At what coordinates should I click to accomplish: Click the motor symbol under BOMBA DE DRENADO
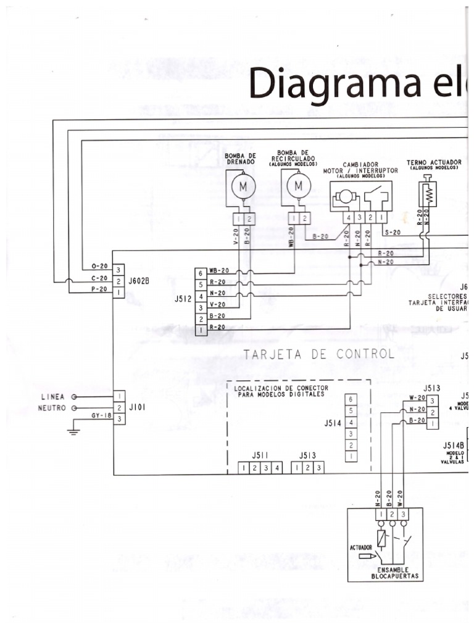[242, 185]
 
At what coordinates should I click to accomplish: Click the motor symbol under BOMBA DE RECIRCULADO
[299, 185]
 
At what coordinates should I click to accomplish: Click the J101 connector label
[136, 407]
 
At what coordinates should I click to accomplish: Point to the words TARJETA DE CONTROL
[318, 354]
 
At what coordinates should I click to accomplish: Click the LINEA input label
[52, 396]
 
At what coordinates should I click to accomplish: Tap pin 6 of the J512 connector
[201, 272]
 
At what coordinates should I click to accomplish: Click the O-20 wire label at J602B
[99, 266]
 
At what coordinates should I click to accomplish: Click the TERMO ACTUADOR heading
[434, 162]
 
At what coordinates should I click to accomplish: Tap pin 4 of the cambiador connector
[349, 218]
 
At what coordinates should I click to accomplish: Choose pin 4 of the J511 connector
[278, 468]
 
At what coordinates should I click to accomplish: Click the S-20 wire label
[392, 232]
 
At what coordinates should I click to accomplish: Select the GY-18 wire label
[101, 416]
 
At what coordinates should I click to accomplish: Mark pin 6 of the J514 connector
[351, 399]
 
